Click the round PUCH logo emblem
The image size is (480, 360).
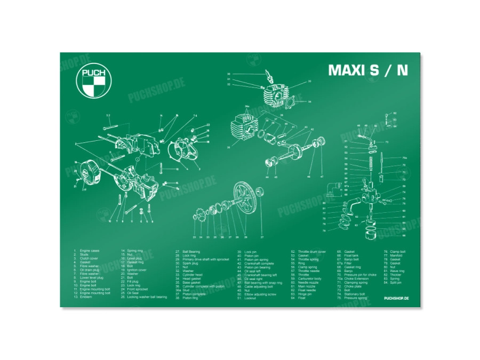(x=94, y=82)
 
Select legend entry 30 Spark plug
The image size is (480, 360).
(x=190, y=263)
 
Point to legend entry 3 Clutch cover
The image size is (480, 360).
(x=87, y=259)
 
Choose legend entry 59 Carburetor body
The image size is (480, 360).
(x=308, y=278)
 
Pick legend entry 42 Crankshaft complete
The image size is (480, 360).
(x=257, y=263)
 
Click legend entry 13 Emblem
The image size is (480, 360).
(x=84, y=297)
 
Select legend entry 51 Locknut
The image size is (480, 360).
(x=249, y=298)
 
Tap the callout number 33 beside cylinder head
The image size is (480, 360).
(x=309, y=82)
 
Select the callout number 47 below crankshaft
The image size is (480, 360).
(x=322, y=176)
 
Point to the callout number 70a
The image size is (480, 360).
(x=404, y=158)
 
